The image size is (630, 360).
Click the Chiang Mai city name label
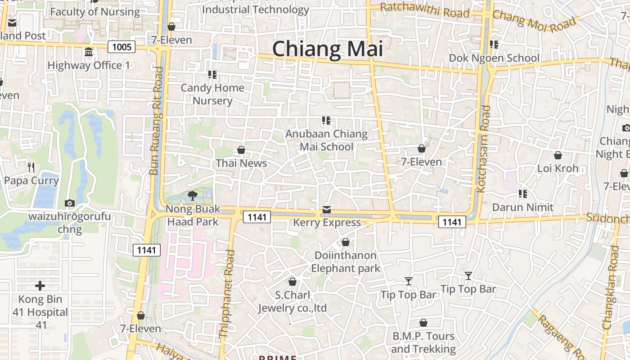click(x=327, y=49)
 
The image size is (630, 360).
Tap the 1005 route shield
click(x=121, y=47)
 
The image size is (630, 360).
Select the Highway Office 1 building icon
click(x=89, y=52)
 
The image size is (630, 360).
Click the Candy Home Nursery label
click(x=212, y=94)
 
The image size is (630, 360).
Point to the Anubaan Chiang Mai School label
click(x=327, y=140)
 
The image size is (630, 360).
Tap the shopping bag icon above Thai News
click(x=241, y=150)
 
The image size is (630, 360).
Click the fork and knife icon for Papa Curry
click(x=31, y=167)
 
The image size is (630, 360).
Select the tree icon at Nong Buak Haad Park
click(x=193, y=196)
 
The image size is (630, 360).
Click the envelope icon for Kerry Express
click(x=327, y=210)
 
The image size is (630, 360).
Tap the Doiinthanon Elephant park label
click(x=346, y=262)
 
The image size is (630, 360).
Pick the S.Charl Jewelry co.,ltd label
click(x=292, y=301)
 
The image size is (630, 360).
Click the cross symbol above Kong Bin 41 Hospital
click(x=40, y=286)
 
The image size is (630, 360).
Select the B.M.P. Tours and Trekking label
click(x=423, y=342)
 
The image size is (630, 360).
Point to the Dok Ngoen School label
click(x=494, y=58)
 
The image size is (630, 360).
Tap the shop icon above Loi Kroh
click(x=558, y=156)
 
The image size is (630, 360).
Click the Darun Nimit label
click(x=522, y=207)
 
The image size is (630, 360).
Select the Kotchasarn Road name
click(x=483, y=148)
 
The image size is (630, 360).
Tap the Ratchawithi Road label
click(x=424, y=10)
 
